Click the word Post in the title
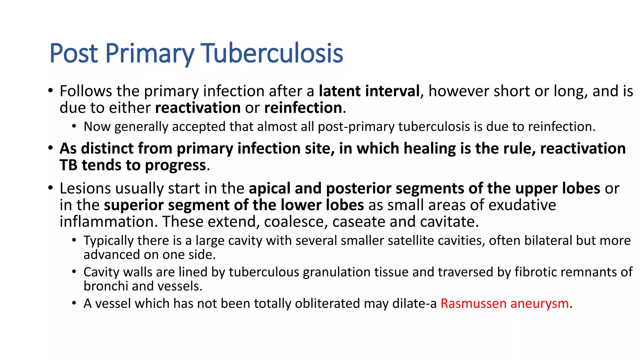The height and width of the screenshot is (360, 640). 74,53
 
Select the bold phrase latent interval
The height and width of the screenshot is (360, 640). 369,91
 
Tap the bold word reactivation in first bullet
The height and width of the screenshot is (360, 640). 197,108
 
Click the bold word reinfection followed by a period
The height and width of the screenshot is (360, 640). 303,108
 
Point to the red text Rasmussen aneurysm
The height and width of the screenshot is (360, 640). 504,303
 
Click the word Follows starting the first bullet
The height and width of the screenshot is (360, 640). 86,91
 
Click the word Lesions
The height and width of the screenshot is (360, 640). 85,188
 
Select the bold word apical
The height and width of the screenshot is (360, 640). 269,188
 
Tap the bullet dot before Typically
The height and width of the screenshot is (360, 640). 74,240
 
